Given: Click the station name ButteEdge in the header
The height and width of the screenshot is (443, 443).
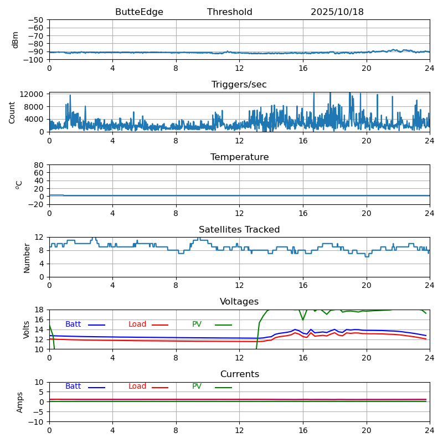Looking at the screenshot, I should (139, 12).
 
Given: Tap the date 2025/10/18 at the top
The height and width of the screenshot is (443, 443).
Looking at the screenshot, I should (337, 12).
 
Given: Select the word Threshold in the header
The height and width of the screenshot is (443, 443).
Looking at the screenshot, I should (230, 12).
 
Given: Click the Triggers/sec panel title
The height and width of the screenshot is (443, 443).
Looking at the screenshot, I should (239, 85).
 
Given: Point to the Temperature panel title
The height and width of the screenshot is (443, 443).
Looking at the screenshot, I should (239, 157).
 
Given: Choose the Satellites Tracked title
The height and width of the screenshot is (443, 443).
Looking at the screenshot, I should (239, 230).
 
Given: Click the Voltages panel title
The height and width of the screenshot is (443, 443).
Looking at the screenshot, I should (239, 302).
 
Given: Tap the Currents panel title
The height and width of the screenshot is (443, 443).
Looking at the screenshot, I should (239, 374).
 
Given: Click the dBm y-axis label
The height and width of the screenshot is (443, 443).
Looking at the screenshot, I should (16, 39).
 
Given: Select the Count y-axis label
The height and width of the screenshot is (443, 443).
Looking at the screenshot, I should (12, 112).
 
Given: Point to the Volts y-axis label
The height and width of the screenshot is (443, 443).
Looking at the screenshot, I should (27, 329).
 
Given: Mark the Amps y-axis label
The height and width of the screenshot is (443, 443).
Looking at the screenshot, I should (20, 402).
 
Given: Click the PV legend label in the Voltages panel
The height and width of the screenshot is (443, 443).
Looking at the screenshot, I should (197, 324).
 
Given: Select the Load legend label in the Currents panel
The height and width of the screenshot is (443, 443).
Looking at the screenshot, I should (137, 387).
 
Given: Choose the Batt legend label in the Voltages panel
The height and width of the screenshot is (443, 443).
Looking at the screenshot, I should (73, 324).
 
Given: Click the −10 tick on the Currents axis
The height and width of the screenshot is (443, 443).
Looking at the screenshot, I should (37, 422).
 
